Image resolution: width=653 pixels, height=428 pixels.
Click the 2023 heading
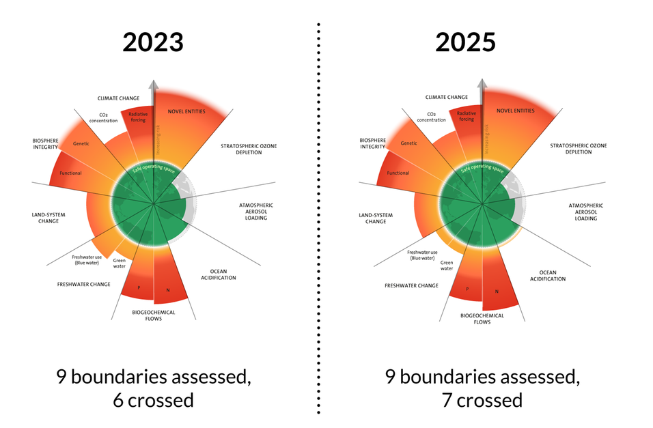coord(153,42)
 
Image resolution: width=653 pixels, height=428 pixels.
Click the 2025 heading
coord(466,42)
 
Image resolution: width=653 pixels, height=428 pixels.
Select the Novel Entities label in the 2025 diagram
coord(515,111)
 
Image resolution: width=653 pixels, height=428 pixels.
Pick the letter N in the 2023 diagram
coord(167,291)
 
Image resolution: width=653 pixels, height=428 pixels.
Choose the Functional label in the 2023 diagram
coord(70,173)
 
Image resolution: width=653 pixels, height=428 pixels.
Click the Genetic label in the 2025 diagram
coord(409,143)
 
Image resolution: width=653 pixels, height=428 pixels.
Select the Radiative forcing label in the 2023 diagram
coord(137,117)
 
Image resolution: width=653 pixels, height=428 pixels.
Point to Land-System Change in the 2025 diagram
coord(376,218)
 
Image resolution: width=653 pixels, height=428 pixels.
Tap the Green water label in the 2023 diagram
coord(119,263)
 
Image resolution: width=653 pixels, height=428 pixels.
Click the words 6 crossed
coord(153,400)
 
